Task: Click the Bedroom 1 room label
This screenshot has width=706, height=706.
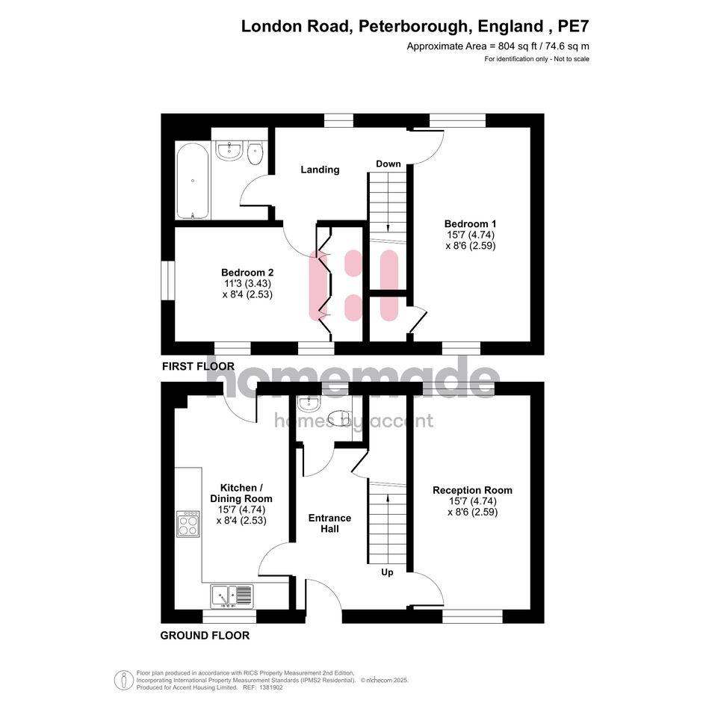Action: coord(470,223)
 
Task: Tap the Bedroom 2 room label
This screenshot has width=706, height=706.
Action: coord(247,273)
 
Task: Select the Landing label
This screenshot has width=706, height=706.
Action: coord(320,170)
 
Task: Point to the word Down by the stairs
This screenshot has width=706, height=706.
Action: coord(388,164)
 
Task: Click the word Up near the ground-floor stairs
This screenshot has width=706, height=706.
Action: coord(388,573)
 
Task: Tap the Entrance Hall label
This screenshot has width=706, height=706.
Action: coord(329,523)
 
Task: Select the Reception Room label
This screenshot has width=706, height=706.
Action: coord(472,491)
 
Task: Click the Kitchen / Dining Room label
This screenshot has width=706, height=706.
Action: coord(241,492)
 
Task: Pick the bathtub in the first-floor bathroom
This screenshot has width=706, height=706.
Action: coord(193,181)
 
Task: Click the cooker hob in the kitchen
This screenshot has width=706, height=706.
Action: coord(188,524)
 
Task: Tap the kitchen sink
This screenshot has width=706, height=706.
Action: coord(232,595)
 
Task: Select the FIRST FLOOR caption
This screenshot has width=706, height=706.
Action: coord(198,367)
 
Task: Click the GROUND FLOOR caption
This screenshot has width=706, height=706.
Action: coord(205,636)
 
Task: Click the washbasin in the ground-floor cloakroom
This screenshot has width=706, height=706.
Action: coord(308,405)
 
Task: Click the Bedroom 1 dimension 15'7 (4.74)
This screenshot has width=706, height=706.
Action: coord(470,235)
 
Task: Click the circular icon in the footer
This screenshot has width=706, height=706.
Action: coord(123,680)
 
